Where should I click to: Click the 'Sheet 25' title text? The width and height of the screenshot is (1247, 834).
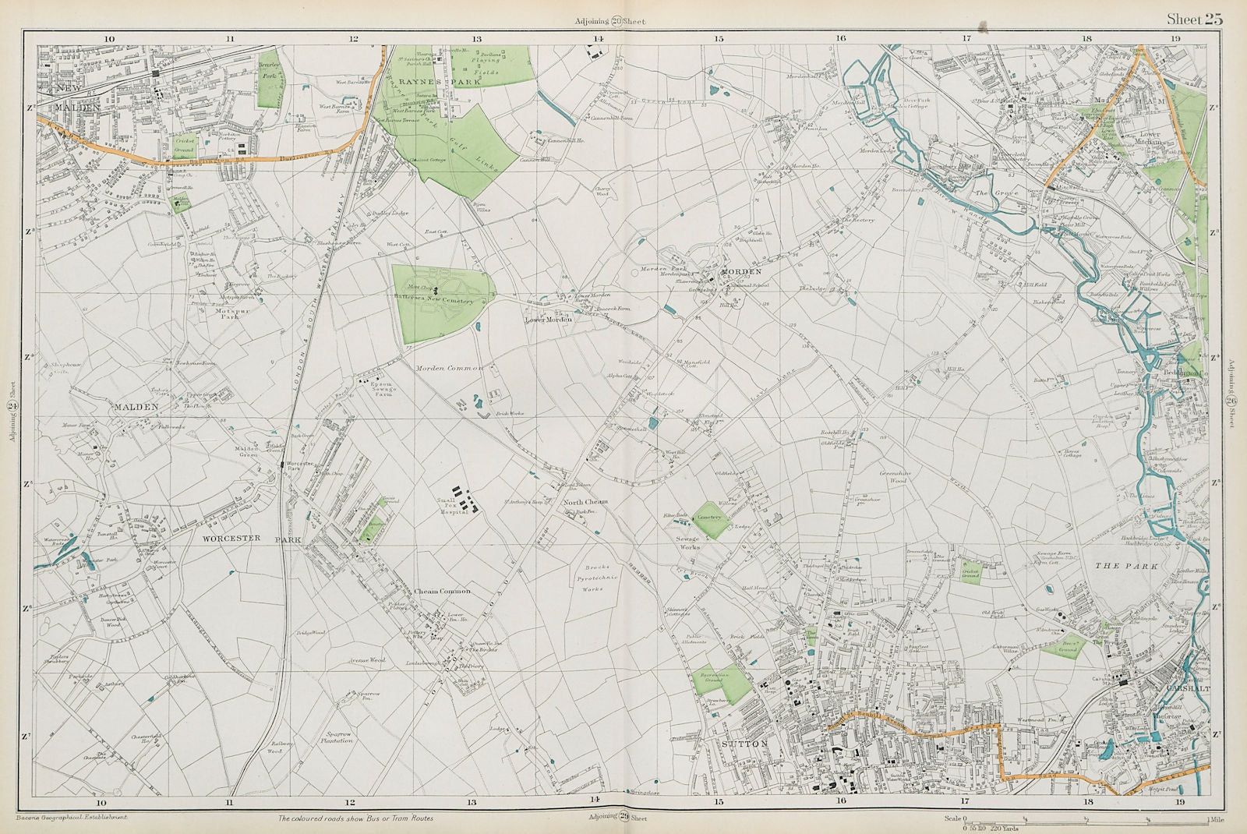[x=1194, y=19]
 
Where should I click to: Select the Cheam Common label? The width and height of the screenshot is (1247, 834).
[x=442, y=592]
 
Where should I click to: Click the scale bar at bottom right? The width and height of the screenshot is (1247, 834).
[x=1083, y=819]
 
